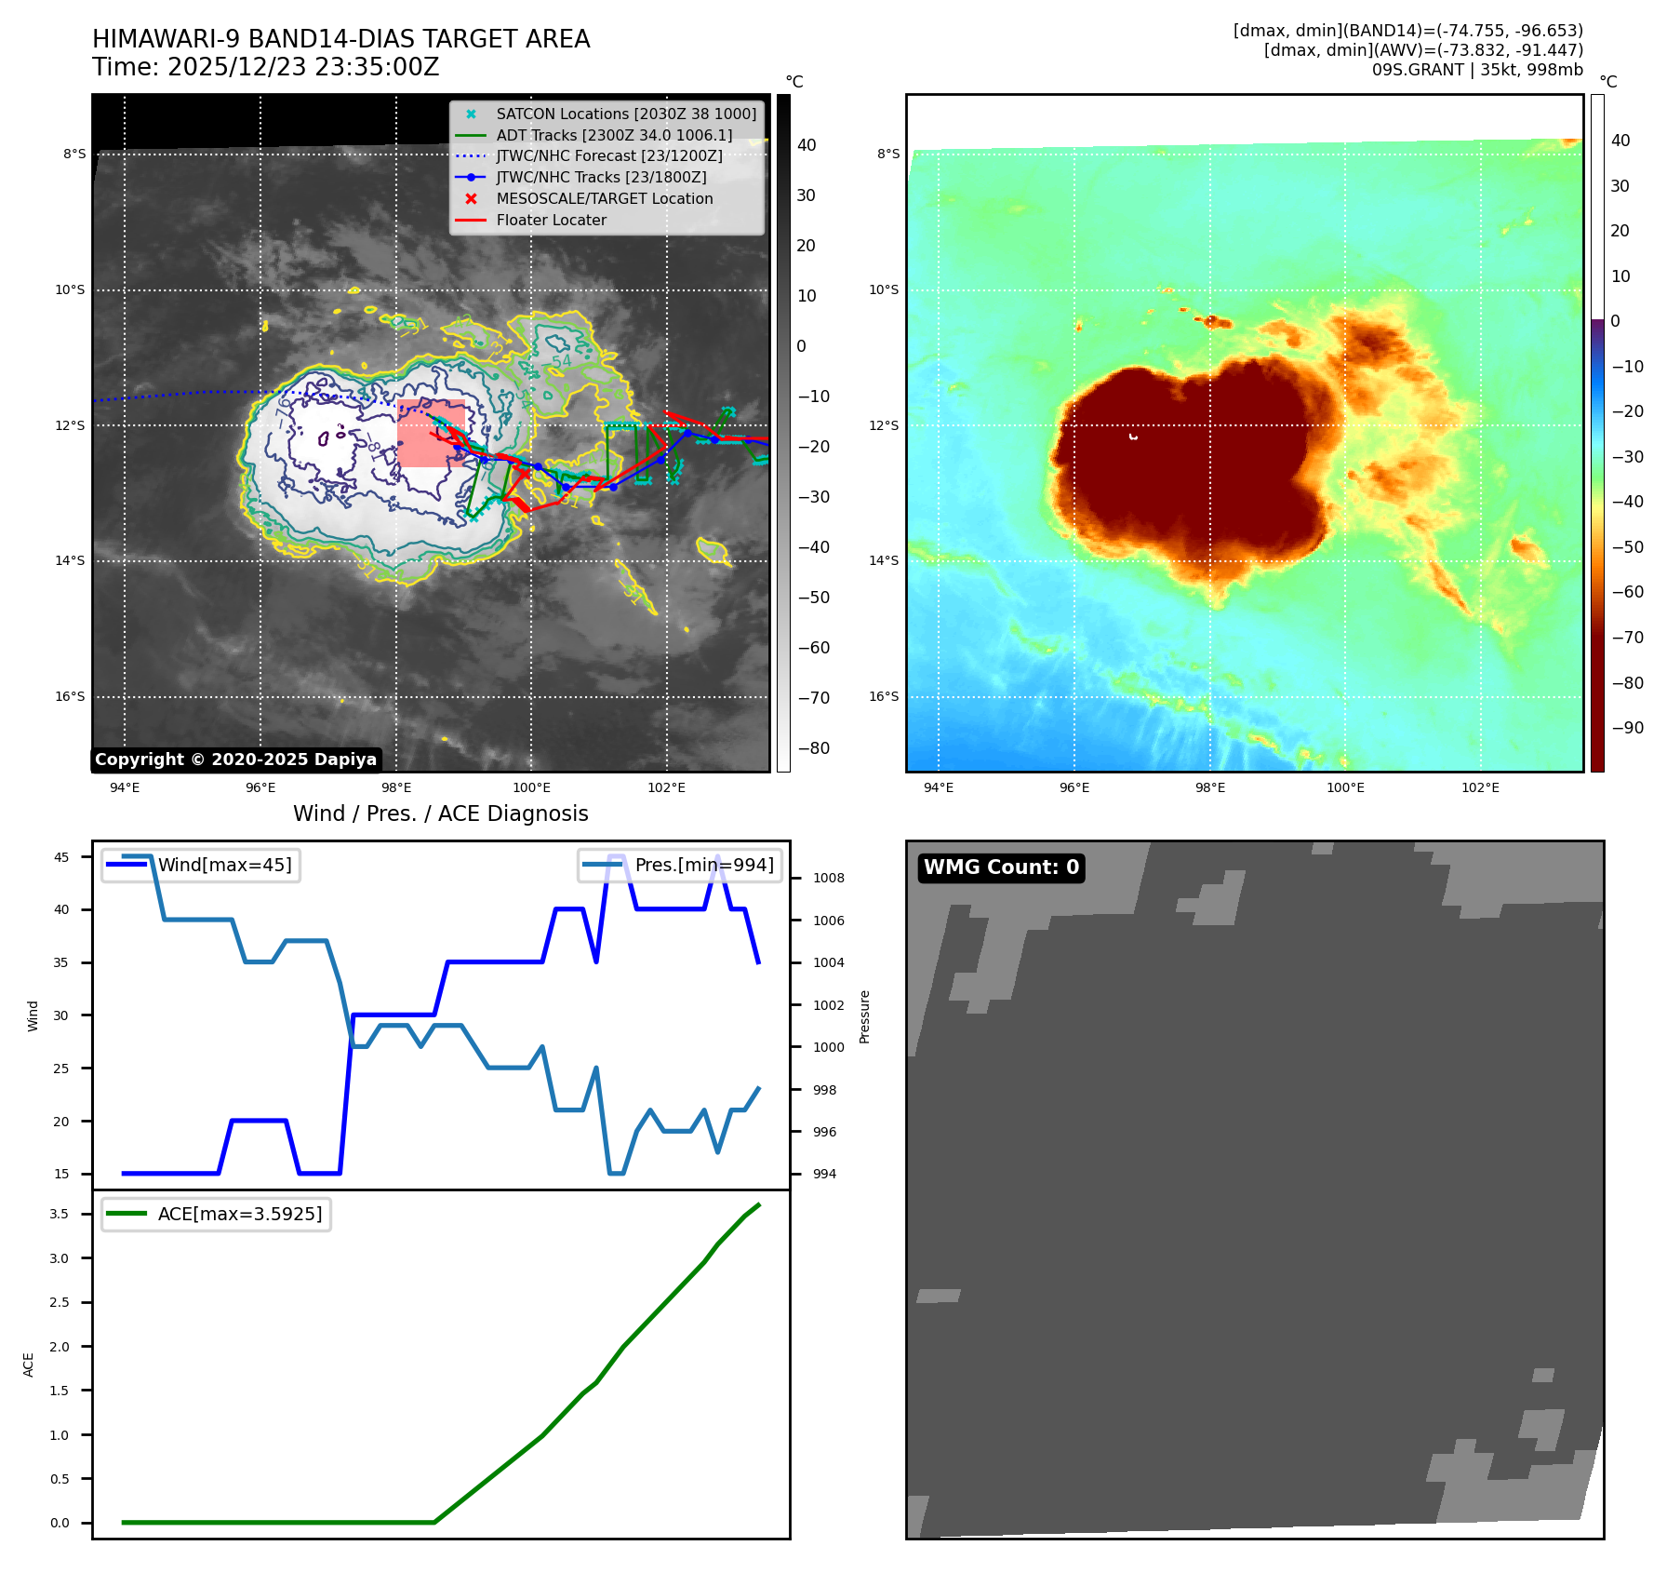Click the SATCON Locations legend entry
[625, 114]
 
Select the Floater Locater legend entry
[551, 221]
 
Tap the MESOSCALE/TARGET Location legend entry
[604, 199]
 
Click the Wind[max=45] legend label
[224, 866]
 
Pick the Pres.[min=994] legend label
[703, 866]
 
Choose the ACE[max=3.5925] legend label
[239, 1215]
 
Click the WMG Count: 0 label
[1001, 867]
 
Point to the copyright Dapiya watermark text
[235, 760]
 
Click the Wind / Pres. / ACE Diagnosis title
[440, 814]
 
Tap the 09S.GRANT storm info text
[1476, 70]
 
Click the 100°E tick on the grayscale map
[531, 788]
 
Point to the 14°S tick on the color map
[884, 561]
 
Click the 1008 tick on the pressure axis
[828, 879]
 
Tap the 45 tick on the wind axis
[61, 858]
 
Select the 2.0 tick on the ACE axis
[60, 1347]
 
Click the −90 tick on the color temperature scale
[1627, 728]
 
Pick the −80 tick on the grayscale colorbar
[813, 748]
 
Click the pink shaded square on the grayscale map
[431, 434]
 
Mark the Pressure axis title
[865, 1016]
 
